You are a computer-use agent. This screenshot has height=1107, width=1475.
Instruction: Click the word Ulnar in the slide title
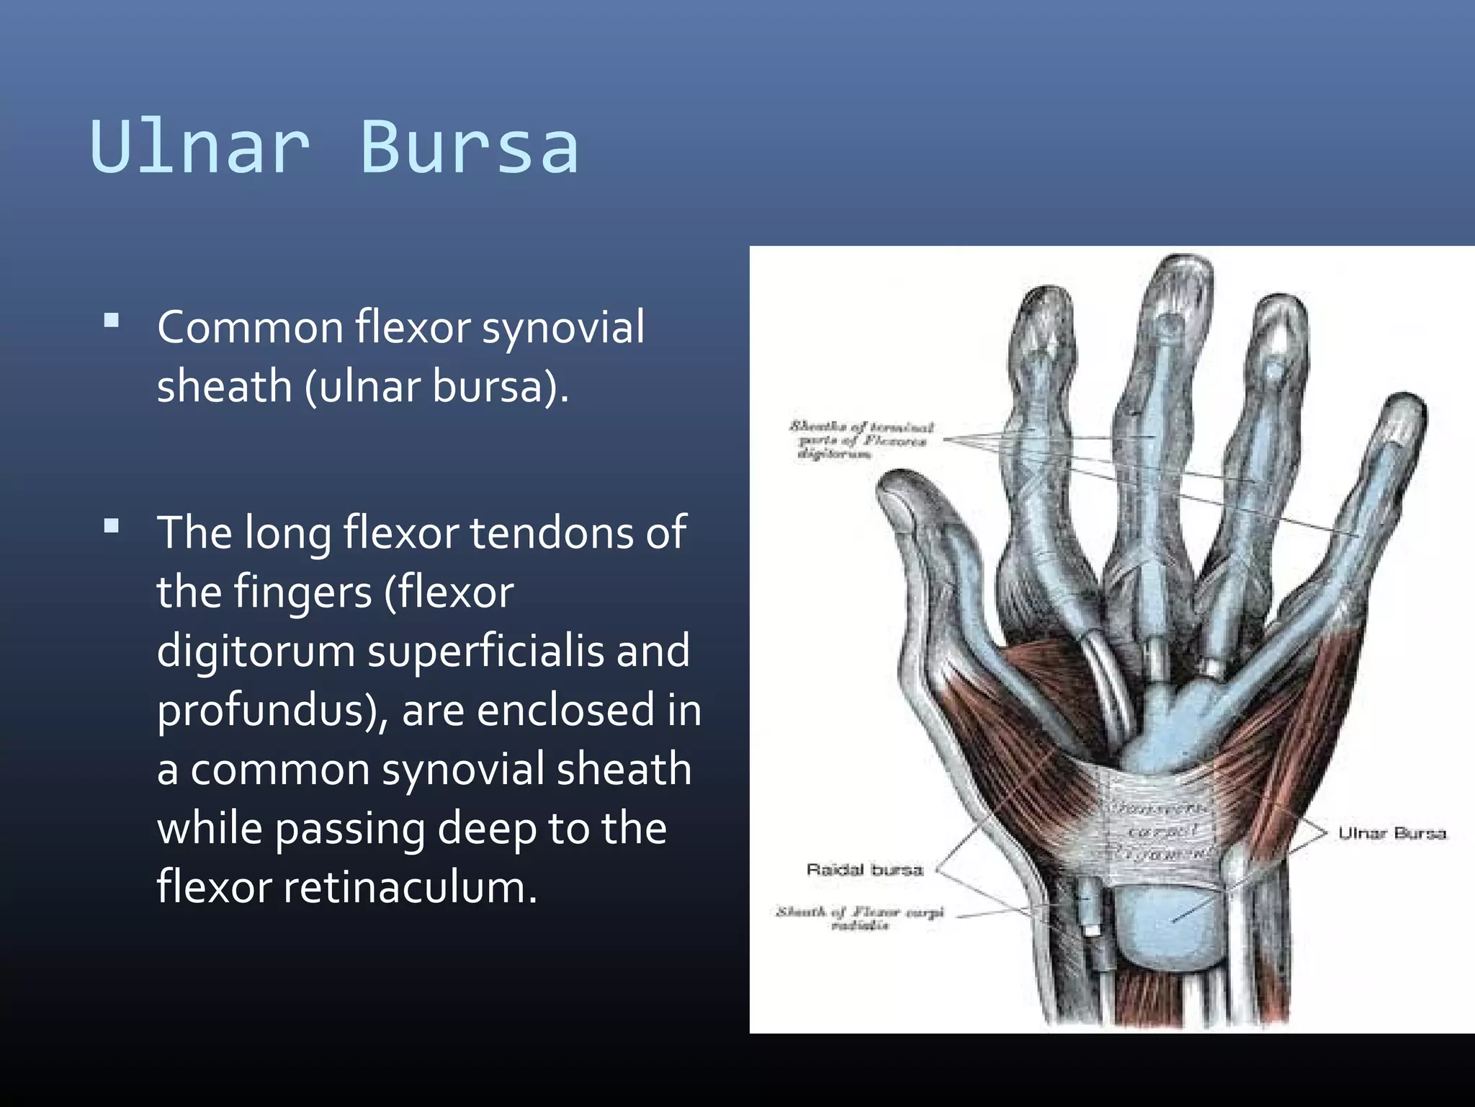(200, 147)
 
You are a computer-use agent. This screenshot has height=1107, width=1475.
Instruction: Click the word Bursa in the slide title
(469, 147)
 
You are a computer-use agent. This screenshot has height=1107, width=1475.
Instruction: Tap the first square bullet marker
(112, 321)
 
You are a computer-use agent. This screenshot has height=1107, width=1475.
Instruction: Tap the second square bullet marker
(112, 526)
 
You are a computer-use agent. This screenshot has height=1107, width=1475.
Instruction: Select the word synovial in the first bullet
(562, 328)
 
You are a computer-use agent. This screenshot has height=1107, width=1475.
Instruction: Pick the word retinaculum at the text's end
(409, 887)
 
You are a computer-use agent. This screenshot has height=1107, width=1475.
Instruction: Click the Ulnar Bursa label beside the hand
(1391, 833)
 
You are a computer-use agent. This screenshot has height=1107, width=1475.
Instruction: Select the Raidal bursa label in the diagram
(864, 870)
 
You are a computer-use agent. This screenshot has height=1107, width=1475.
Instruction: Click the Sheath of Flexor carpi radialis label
(859, 918)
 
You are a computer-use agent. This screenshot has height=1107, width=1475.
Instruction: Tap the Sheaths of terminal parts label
(861, 440)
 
